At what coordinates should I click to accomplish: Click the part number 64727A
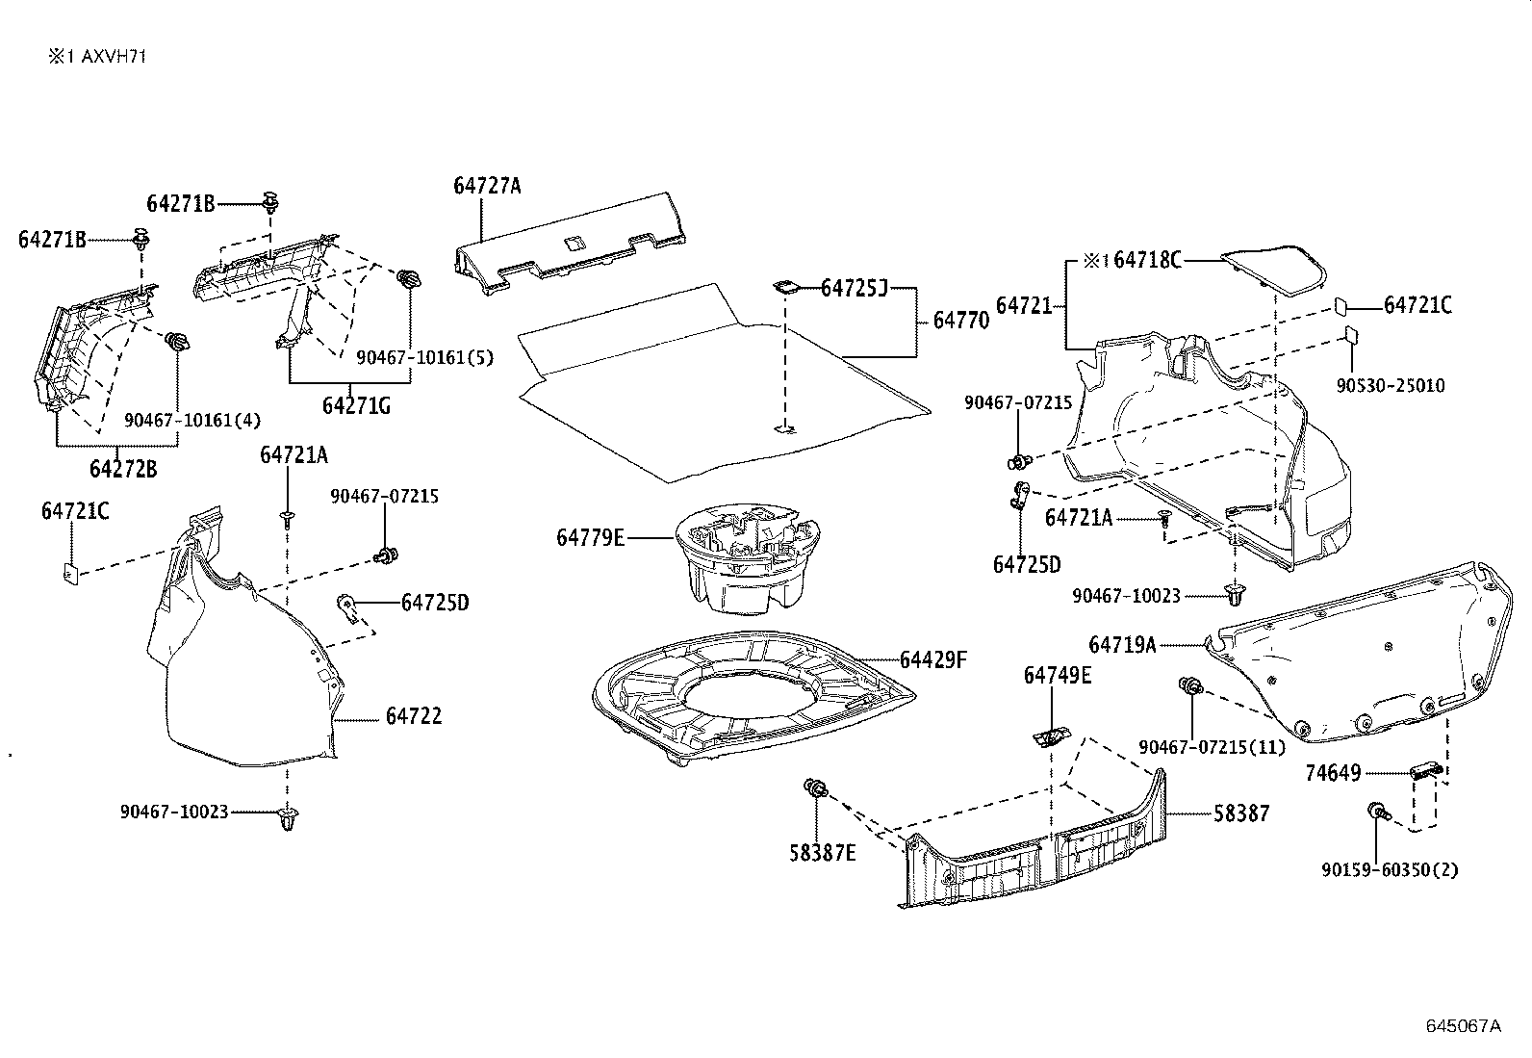(487, 186)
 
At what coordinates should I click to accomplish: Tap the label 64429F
(932, 659)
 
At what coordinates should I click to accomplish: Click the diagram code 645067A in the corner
(1463, 1025)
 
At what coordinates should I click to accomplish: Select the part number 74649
(1333, 773)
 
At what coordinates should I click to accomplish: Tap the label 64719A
(1122, 645)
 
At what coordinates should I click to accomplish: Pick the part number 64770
(960, 321)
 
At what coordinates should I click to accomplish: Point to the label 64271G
(356, 405)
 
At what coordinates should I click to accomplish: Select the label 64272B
(123, 469)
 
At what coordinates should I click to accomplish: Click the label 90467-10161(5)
(424, 357)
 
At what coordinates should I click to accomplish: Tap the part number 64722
(414, 716)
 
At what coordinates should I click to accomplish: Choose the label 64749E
(1058, 676)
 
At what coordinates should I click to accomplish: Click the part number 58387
(1241, 813)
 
